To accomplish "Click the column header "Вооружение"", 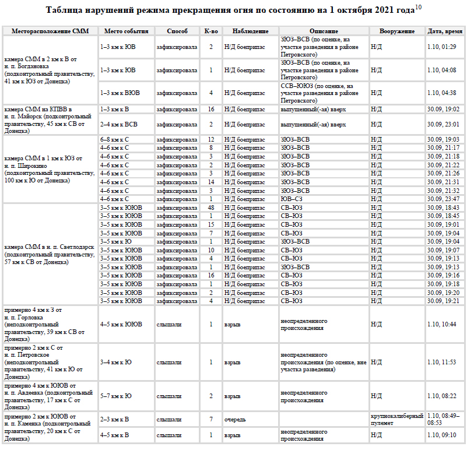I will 396,31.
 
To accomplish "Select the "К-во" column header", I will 211,31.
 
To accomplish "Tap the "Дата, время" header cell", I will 445,31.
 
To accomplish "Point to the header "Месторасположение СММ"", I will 51,31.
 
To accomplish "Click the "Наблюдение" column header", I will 250,31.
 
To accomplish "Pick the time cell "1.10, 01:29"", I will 441,47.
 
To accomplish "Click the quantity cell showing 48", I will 211,208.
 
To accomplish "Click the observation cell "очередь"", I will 234,420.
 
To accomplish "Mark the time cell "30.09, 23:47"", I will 443,199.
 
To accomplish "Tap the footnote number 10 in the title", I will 418,6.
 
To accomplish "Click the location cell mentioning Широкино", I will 47,169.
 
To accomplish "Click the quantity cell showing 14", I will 211,182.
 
